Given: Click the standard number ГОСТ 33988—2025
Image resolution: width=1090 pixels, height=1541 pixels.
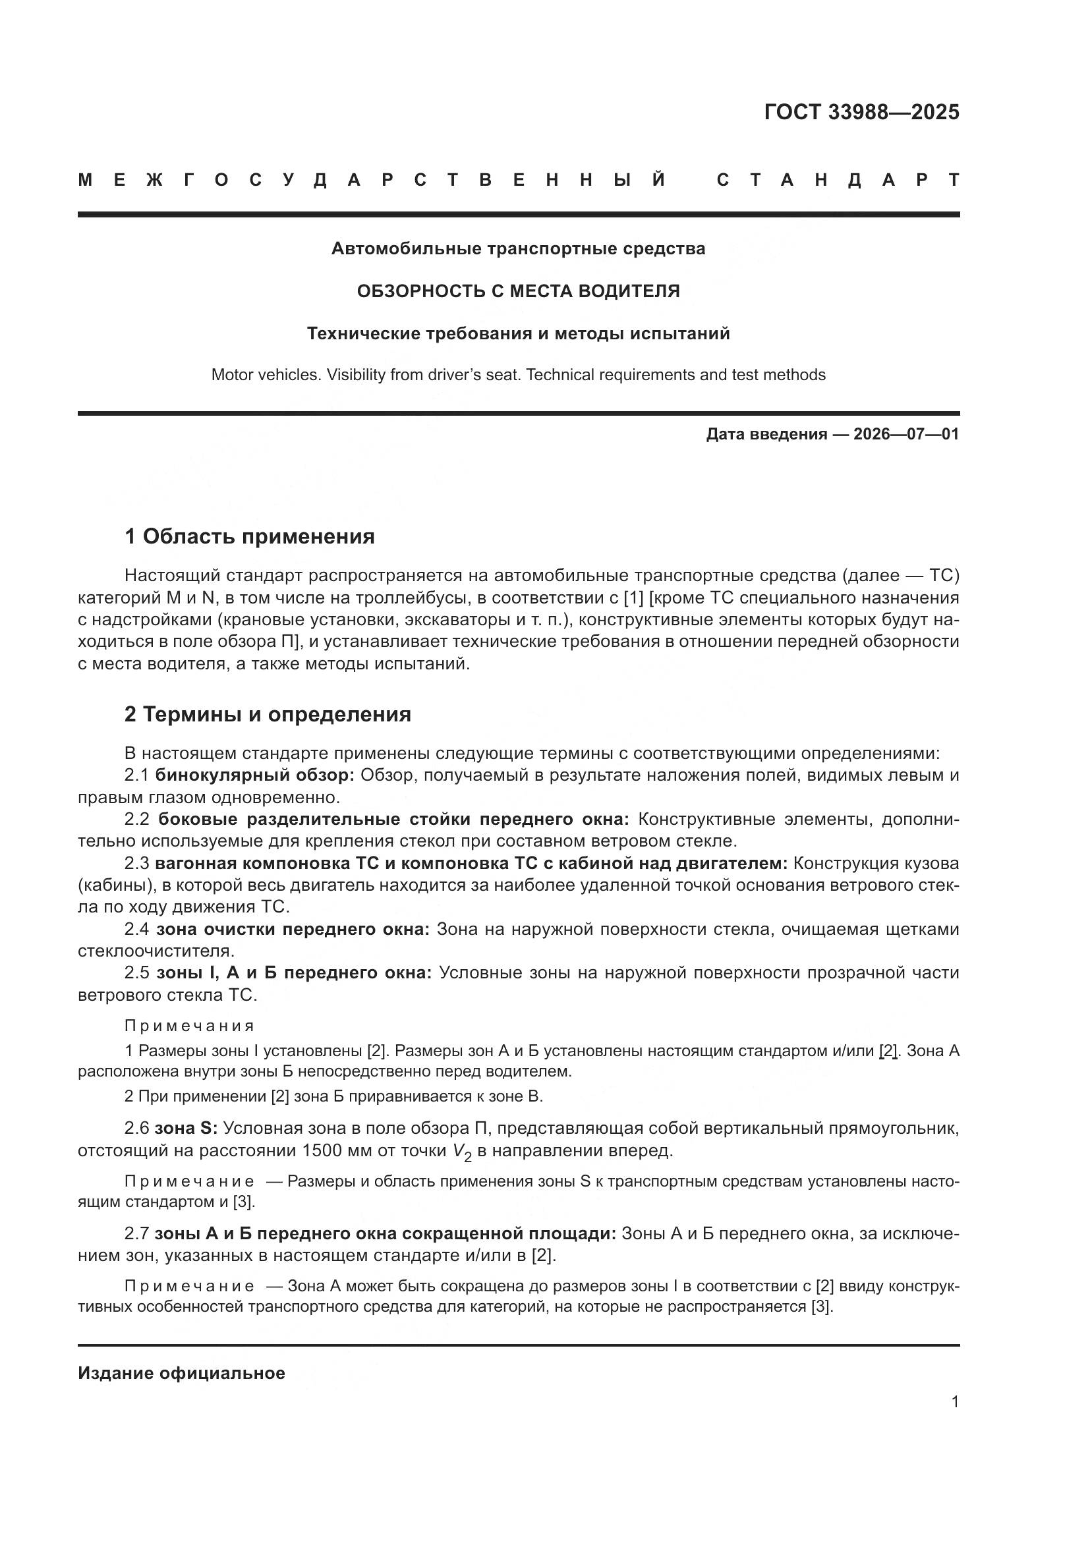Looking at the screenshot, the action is point(861,112).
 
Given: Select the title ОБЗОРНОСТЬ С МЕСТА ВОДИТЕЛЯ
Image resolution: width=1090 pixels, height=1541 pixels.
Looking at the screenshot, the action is point(518,291).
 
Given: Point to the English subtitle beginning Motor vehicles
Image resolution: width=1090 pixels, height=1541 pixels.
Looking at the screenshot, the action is point(518,375).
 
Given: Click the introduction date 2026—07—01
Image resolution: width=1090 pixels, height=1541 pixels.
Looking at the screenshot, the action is point(905,434).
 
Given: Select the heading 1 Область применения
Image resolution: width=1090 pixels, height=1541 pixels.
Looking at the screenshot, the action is point(249,537).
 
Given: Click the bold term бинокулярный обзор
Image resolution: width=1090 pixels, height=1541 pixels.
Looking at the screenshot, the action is point(254,775).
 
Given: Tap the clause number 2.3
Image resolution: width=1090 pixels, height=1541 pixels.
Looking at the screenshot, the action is point(137,863).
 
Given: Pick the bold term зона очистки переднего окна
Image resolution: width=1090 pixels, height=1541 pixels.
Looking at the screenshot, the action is point(293,929).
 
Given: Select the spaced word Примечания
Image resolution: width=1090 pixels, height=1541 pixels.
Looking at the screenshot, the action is point(189,1026).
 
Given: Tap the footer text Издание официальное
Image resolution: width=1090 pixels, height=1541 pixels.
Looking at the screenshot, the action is point(181,1373).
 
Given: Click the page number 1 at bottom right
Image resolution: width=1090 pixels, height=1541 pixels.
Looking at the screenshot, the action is point(954,1401).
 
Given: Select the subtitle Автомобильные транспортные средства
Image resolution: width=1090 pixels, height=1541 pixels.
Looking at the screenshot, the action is point(518,249).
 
